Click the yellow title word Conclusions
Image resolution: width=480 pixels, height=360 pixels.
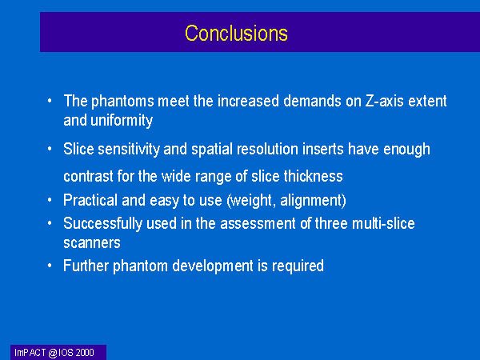coord(236,33)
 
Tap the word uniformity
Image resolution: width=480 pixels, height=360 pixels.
coord(122,120)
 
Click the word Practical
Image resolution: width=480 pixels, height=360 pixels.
coord(90,200)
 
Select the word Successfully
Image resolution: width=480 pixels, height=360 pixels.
coord(102,223)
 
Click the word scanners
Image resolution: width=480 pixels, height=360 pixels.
coord(92,243)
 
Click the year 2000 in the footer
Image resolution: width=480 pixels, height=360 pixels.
coord(85,353)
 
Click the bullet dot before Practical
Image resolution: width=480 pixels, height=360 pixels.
coord(50,200)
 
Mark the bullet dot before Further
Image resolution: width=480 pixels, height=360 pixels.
coord(50,266)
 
